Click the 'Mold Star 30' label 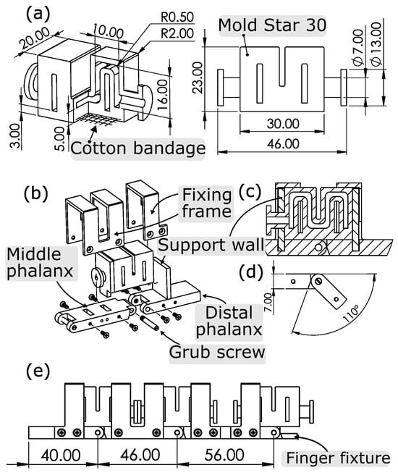(x=272, y=25)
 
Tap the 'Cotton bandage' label (x=138, y=148)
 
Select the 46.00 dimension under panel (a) (x=283, y=143)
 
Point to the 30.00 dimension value (x=283, y=124)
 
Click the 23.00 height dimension (x=198, y=77)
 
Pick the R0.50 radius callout (x=177, y=17)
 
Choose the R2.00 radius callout (x=177, y=33)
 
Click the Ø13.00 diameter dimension (x=376, y=43)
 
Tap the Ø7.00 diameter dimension (x=358, y=47)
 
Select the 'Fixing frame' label (x=207, y=203)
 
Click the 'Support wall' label (x=211, y=245)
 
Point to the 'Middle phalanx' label (x=40, y=263)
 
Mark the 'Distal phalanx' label (x=229, y=321)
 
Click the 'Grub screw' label (x=217, y=352)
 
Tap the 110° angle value (x=350, y=314)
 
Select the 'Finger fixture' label (x=338, y=458)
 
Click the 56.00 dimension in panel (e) (x=224, y=455)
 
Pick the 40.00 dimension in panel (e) (x=61, y=455)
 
